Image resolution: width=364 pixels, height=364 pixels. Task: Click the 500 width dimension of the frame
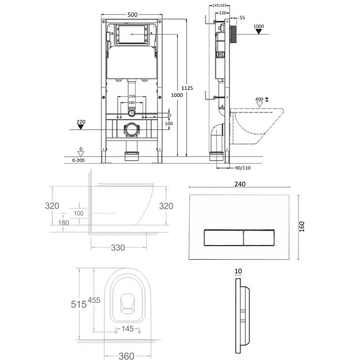coord(132,15)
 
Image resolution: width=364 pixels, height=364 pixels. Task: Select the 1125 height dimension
coord(187,88)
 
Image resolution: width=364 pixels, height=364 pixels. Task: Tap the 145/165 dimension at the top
coord(219,5)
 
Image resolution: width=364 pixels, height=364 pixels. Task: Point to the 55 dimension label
coord(242,18)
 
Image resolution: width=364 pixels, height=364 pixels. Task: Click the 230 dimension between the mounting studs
coord(132,96)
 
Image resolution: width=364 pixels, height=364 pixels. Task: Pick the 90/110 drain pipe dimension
coord(243,168)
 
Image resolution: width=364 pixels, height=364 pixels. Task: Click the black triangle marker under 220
coord(81,127)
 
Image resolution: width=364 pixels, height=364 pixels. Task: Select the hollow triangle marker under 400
coord(259,105)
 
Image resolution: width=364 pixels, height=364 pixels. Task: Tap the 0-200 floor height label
coord(78,160)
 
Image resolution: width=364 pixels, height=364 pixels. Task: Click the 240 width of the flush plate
coord(240,184)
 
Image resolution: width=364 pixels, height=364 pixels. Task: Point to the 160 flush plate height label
coord(302,227)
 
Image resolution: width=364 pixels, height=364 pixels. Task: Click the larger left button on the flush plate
coord(223,238)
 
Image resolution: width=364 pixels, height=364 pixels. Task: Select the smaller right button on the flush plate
coord(259,238)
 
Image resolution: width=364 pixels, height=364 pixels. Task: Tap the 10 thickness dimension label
coord(238,271)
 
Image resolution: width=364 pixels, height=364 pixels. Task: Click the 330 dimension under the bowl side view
coord(118,248)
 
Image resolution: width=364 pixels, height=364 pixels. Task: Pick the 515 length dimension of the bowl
coord(79,304)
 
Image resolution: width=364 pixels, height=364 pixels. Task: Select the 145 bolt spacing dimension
coord(127,329)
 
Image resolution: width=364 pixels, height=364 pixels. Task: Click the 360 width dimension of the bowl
coord(126,356)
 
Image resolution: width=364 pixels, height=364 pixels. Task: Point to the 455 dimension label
coord(94,300)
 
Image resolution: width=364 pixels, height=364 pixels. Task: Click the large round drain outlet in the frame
coord(132,130)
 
